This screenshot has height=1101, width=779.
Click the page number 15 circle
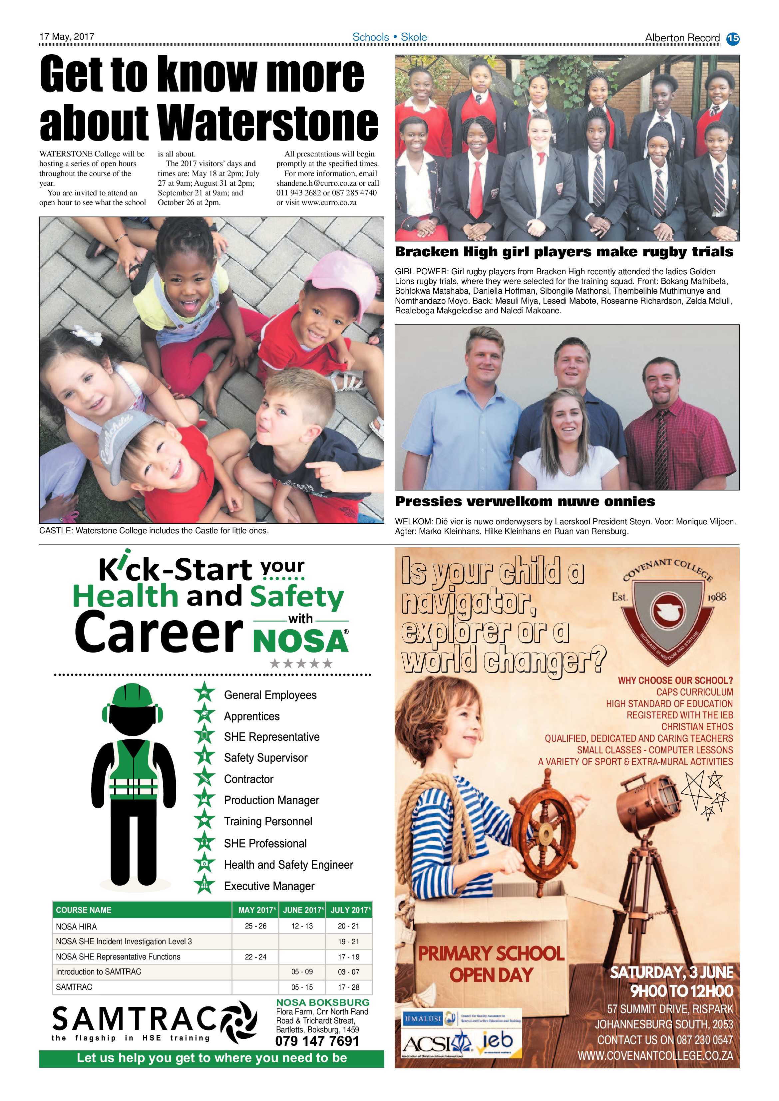tap(733, 38)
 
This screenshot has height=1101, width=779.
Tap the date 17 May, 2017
tap(67, 36)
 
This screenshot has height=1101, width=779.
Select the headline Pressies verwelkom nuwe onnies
tap(525, 502)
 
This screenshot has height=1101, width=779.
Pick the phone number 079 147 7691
tap(317, 1041)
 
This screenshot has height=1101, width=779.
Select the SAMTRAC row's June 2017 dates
tap(302, 987)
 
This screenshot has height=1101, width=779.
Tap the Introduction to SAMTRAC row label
tap(98, 972)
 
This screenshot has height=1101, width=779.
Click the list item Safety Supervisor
tap(265, 758)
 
